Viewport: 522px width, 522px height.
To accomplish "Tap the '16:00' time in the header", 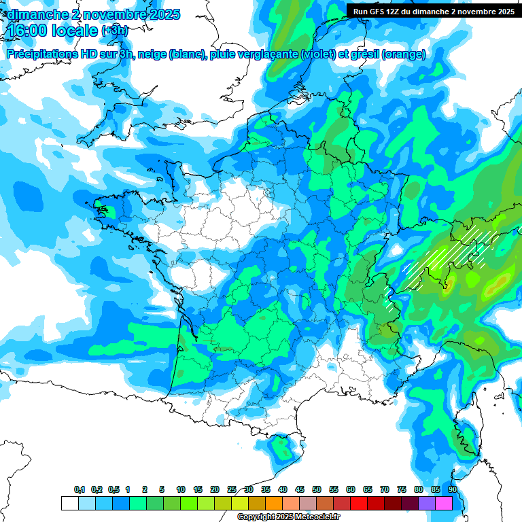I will (27, 31).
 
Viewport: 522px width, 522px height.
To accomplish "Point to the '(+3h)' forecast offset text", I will (114, 31).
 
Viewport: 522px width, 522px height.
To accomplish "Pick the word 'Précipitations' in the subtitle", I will (41, 54).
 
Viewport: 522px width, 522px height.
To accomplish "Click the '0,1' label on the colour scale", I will (80, 490).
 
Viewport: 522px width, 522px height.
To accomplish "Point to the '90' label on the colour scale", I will (452, 490).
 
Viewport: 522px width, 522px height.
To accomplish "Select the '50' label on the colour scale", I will (317, 490).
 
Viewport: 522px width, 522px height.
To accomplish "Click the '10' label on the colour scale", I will (181, 490).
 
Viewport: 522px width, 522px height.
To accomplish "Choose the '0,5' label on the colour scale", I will (114, 490).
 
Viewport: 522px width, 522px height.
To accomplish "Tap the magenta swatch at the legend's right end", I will (444, 503).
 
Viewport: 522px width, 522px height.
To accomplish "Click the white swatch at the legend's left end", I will (70, 503).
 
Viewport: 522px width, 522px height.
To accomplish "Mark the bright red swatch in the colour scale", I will (359, 503).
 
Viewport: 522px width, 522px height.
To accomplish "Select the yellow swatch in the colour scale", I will (240, 503).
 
